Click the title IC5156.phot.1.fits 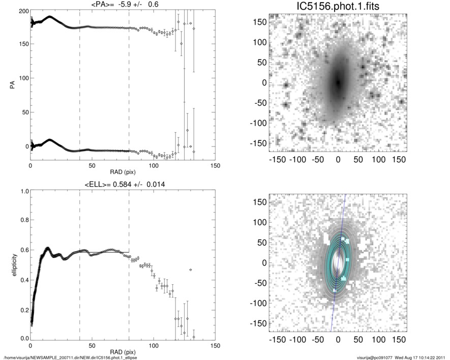tap(338, 6)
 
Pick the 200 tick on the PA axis tap(22, 10)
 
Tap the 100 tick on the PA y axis tap(22, 78)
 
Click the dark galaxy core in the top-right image tap(338, 82)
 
